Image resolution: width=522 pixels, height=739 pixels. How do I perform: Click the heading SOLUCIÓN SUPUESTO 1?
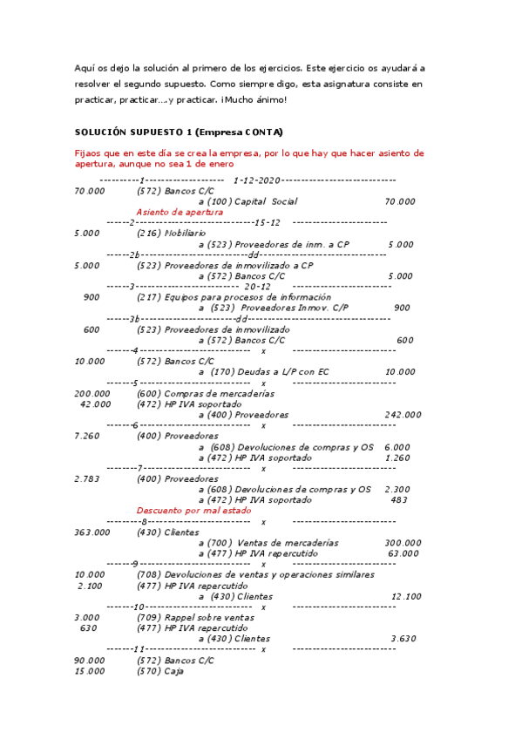pos(179,132)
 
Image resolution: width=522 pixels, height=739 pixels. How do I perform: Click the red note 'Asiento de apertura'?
pos(180,212)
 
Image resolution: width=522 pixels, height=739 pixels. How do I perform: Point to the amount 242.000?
pos(403,415)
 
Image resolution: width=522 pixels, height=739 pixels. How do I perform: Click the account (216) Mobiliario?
pos(172,234)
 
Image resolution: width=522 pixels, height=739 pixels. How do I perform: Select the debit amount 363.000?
pos(92,532)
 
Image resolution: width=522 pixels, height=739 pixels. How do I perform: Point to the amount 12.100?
pos(406,596)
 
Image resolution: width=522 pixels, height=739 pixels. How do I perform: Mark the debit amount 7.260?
pos(90,436)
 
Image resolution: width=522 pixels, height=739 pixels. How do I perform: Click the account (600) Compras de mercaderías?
pos(200,393)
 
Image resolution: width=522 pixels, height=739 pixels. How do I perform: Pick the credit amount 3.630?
pos(403,638)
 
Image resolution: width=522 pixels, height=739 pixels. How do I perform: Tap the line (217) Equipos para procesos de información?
pos(234,297)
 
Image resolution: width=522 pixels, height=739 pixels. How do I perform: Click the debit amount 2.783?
pos(90,478)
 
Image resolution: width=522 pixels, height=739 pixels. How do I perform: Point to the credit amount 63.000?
pos(403,553)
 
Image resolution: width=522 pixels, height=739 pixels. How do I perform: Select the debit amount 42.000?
pos(95,403)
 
